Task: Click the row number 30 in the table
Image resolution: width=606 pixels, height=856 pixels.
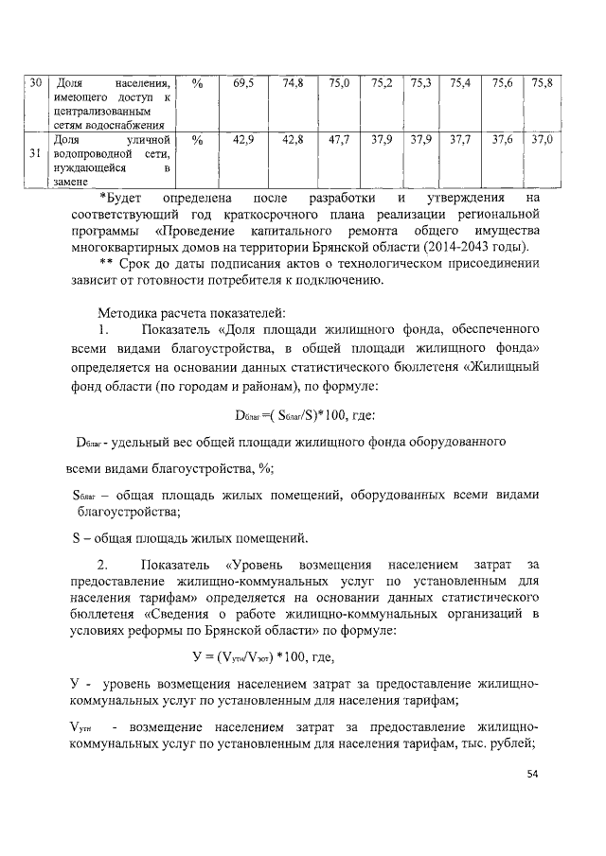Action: click(35, 84)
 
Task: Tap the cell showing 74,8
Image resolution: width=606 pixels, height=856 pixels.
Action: click(293, 84)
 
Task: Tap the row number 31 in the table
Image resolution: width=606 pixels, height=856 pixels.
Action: click(35, 152)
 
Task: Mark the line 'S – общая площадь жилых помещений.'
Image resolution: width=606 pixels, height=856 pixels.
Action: click(190, 539)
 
